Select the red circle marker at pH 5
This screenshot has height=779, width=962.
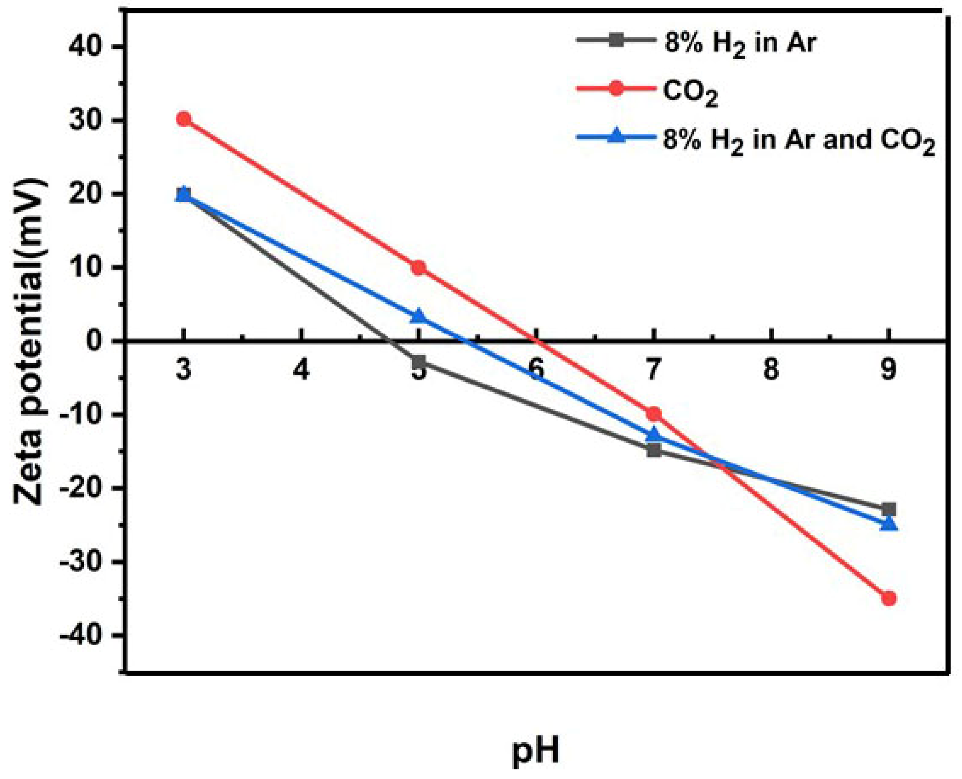coord(419,268)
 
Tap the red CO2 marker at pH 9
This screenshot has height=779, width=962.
coord(889,598)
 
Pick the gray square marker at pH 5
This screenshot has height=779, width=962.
coord(419,361)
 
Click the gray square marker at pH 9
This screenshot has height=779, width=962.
coord(889,509)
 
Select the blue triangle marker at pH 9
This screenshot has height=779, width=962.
coord(889,524)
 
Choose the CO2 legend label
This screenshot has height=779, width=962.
coord(690,93)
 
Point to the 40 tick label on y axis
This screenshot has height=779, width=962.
coord(90,47)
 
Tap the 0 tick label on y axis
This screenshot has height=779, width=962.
coord(98,341)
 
